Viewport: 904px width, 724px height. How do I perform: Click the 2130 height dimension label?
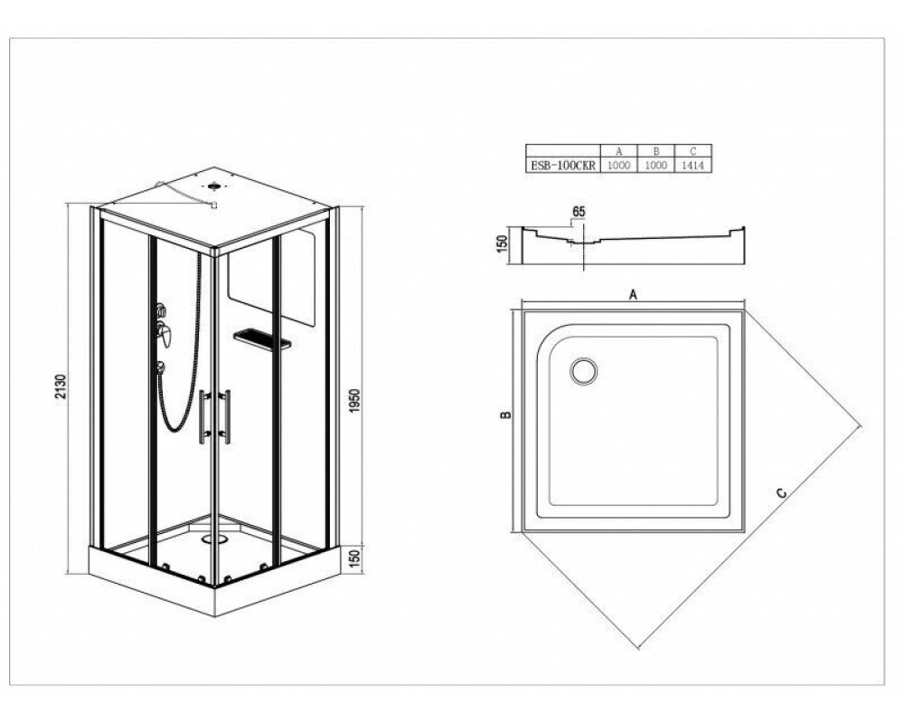pyautogui.click(x=61, y=386)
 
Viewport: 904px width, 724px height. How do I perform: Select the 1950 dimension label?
pyautogui.click(x=354, y=401)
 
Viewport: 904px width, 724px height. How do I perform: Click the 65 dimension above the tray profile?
pyautogui.click(x=579, y=212)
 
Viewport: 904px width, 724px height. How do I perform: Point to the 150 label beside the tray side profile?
pyautogui.click(x=502, y=243)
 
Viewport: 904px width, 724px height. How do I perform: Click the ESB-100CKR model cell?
pyautogui.click(x=562, y=165)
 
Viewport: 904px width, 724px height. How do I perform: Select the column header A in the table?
pyautogui.click(x=618, y=151)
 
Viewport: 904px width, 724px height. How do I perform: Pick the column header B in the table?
pyautogui.click(x=655, y=151)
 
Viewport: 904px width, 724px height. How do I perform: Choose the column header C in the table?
pyautogui.click(x=693, y=151)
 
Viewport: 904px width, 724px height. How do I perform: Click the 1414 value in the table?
pyautogui.click(x=693, y=165)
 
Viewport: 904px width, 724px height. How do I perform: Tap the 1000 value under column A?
pyautogui.click(x=618, y=165)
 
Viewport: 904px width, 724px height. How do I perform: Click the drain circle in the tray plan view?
pyautogui.click(x=584, y=371)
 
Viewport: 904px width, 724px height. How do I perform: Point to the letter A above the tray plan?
pyautogui.click(x=633, y=294)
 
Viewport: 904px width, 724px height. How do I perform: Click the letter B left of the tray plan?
pyautogui.click(x=505, y=414)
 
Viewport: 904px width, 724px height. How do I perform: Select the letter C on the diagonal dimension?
pyautogui.click(x=781, y=493)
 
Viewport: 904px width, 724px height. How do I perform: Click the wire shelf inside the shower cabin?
pyautogui.click(x=262, y=338)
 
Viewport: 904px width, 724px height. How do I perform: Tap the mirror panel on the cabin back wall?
pyautogui.click(x=272, y=276)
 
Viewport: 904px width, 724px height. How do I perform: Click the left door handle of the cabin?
pyautogui.click(x=202, y=416)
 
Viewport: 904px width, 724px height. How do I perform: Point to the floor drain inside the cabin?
pyautogui.click(x=214, y=539)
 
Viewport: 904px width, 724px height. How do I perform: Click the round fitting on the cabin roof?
pyautogui.click(x=215, y=186)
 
